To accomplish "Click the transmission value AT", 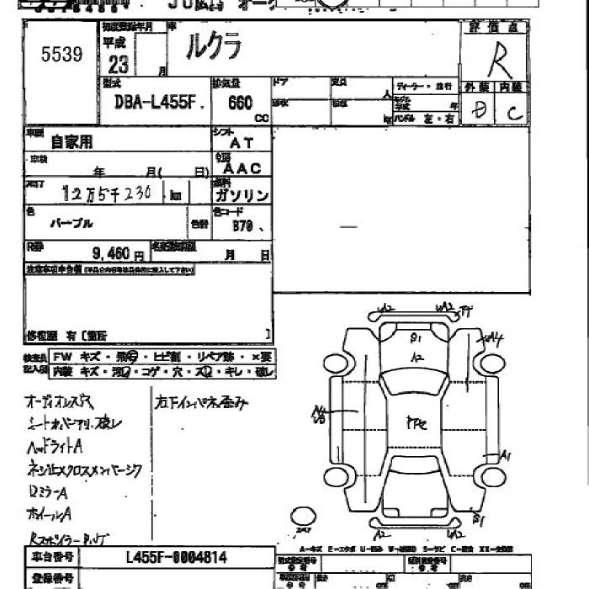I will point(241,144).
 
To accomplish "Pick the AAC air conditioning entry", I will point(243,168).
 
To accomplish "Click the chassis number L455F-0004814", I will point(176,557).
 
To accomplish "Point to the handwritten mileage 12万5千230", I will point(107,194).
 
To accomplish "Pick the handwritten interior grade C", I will point(513,109).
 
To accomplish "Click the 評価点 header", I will point(494,28).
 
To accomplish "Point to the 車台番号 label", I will point(52,557).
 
